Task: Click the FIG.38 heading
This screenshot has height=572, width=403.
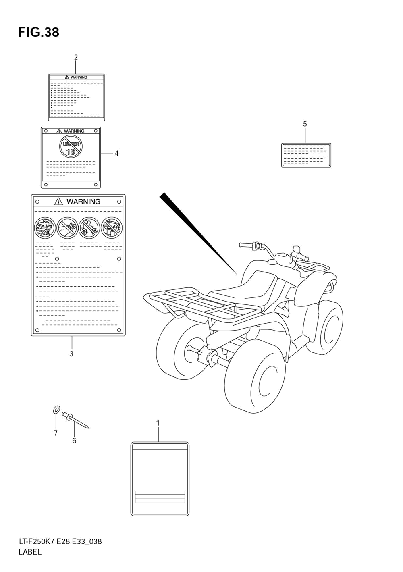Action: coord(39,32)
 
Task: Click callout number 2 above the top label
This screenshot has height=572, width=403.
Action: coord(76,58)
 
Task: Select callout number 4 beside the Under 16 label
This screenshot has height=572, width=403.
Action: coord(116,153)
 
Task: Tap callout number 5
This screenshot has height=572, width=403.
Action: coord(305,124)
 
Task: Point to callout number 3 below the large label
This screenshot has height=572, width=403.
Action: coord(71,354)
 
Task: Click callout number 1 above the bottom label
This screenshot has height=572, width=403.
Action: coord(158,423)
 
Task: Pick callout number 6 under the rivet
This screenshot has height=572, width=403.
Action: coord(74,441)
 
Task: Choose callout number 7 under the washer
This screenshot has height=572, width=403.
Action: coord(56,433)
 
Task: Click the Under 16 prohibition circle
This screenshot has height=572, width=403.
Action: coord(71,146)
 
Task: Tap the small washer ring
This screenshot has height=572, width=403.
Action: coord(56,411)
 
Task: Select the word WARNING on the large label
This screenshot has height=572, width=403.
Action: coord(83,202)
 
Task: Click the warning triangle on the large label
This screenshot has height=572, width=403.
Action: coord(59,201)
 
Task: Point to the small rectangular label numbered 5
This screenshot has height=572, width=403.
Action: coord(306,155)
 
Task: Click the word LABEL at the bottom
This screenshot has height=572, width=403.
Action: coord(30,552)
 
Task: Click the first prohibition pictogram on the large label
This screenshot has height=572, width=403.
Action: coord(45,227)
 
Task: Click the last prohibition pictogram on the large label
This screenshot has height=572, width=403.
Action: coord(111,227)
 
